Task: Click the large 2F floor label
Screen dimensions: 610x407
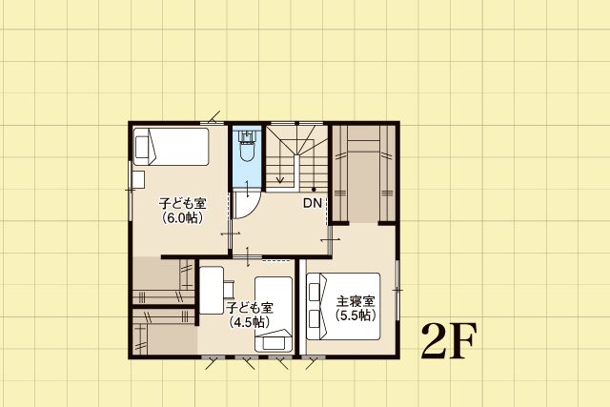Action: point(449,340)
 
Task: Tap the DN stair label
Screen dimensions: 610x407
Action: point(313,203)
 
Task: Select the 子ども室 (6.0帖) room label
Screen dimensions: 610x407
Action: point(182,211)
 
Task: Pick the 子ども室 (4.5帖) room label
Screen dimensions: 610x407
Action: point(250,315)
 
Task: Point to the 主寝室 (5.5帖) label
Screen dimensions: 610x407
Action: point(356,308)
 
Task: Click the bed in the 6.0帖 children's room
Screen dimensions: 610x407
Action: point(172,147)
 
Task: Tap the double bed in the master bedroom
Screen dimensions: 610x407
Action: point(343,306)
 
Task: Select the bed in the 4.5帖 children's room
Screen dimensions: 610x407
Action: point(274,314)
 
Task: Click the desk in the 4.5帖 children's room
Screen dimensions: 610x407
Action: point(212,291)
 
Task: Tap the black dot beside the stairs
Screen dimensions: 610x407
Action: point(314,190)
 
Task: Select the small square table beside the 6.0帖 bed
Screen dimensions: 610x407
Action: point(138,180)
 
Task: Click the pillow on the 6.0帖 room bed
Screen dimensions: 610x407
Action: point(142,147)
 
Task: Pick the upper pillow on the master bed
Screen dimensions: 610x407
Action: point(315,292)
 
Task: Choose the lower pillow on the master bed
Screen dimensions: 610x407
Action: point(315,319)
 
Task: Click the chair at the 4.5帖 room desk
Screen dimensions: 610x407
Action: point(229,289)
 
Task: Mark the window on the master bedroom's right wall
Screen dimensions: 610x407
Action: point(397,291)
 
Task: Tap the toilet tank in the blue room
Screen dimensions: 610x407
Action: point(247,136)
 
